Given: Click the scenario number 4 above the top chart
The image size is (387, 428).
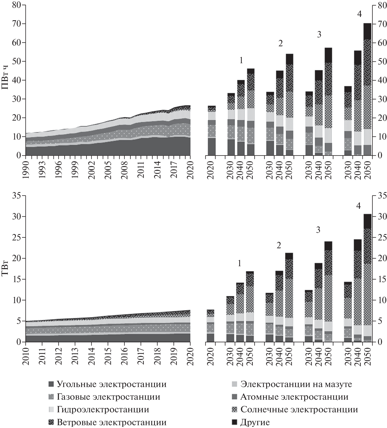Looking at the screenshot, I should coord(360,14).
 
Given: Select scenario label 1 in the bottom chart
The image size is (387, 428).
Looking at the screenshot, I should coord(239,263).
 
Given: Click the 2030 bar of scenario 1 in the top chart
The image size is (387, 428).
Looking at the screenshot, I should coord(231,124).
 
